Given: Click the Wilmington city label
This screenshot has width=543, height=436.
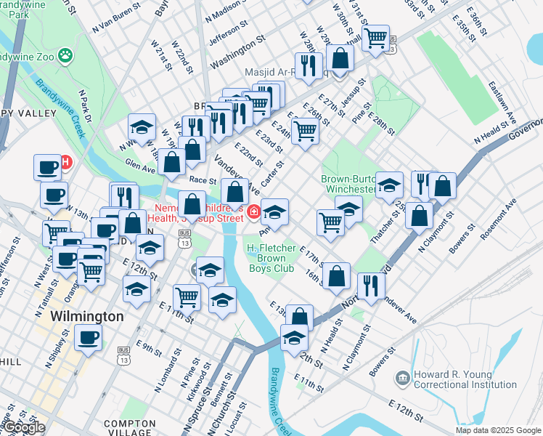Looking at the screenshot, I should click(x=87, y=317).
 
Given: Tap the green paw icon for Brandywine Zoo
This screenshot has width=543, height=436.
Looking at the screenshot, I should click(x=66, y=54).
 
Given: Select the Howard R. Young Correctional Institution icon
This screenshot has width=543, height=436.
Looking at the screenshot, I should click(x=401, y=379).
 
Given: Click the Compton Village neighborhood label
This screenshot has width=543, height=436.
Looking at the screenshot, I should click(x=130, y=427).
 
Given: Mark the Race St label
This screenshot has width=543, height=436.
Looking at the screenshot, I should click(x=203, y=179).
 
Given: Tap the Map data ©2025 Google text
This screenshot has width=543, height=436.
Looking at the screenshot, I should click(x=498, y=430).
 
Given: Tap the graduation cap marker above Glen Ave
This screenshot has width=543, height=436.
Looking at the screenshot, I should click(x=142, y=127).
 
